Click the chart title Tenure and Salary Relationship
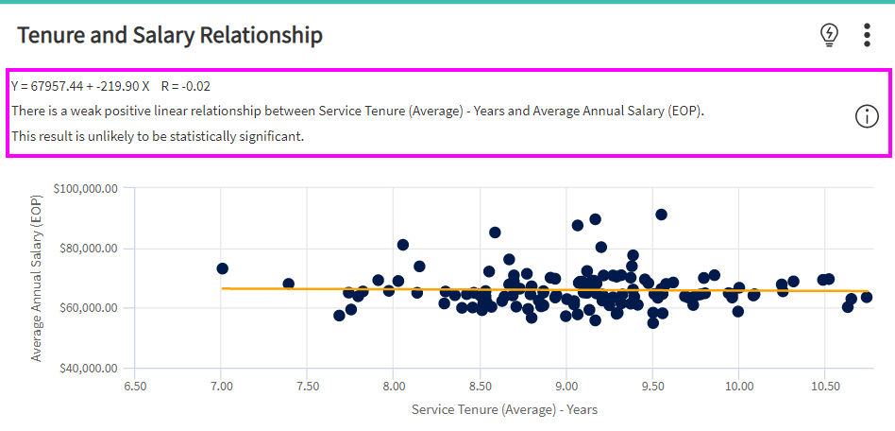[x=170, y=36]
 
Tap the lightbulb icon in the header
[x=829, y=35]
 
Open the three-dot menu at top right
[x=868, y=35]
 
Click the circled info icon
[x=867, y=116]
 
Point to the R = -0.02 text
[x=185, y=86]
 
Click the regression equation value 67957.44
[x=59, y=86]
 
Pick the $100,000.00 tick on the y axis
[x=86, y=188]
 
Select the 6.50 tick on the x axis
[x=135, y=386]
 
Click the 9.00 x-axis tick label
[x=566, y=386]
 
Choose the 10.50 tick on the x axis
[x=825, y=386]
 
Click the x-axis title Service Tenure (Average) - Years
[x=504, y=409]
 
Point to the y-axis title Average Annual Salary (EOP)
[x=37, y=278]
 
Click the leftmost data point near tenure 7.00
[x=223, y=269]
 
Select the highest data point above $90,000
[x=661, y=215]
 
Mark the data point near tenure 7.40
[x=289, y=284]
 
